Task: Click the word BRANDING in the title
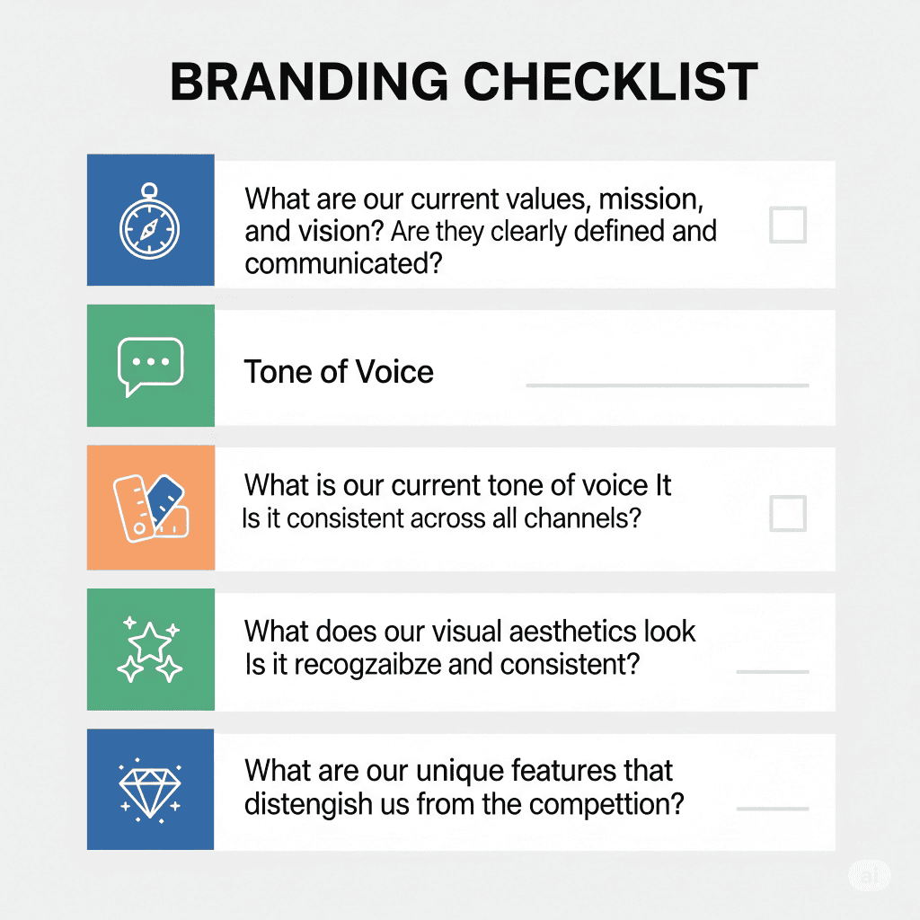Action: pos(309,82)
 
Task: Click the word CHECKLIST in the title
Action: pos(611,82)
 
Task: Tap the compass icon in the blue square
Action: pos(150,221)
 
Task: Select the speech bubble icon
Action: pos(151,367)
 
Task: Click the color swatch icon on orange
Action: pos(151,509)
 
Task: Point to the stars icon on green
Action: pos(150,649)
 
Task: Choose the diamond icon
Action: pos(150,790)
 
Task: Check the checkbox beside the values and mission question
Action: pos(787,225)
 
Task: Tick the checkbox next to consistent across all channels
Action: pos(787,513)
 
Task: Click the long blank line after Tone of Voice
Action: pos(668,385)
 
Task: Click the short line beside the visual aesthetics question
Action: pos(772,672)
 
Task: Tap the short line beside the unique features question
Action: pos(772,809)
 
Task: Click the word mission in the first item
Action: pos(650,199)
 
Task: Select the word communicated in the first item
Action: pos(343,264)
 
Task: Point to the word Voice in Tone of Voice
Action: pos(394,371)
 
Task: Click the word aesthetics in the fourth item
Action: pos(573,632)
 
